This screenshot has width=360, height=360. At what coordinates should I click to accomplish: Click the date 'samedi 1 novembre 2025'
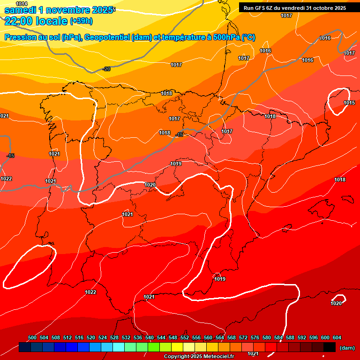click(58, 10)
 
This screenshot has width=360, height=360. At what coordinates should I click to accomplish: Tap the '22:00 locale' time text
click(36, 21)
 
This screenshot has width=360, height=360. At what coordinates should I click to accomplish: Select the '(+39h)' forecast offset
click(81, 21)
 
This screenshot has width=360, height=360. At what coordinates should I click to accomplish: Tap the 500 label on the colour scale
click(32, 337)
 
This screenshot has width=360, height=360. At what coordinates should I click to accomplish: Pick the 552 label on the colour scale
click(185, 337)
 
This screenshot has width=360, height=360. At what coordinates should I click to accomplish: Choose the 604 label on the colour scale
click(337, 337)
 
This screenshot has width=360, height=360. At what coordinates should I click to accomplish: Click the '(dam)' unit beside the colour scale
click(347, 347)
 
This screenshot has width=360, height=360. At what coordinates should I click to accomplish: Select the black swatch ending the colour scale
click(330, 347)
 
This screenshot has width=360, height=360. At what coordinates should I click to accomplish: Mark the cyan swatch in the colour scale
click(119, 347)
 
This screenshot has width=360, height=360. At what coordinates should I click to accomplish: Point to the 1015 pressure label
click(349, 103)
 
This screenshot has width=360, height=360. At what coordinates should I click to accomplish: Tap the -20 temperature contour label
click(106, 69)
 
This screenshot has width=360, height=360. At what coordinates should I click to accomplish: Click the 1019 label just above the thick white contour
click(176, 164)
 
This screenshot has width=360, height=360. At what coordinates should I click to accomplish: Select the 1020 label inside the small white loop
click(336, 303)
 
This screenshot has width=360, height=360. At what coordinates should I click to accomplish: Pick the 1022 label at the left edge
click(6, 179)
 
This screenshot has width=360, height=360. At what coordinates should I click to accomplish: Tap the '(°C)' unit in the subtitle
click(248, 37)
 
